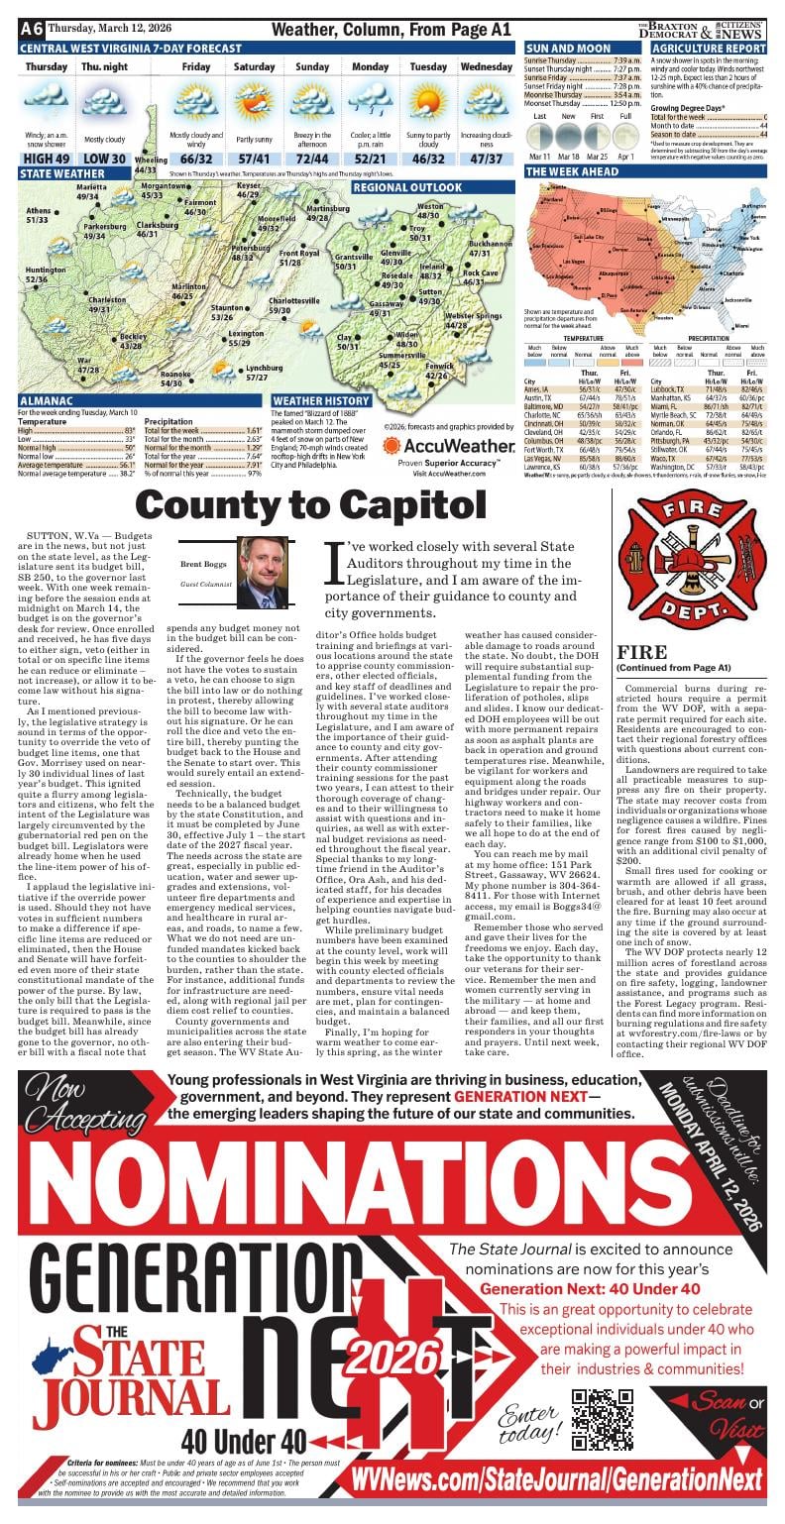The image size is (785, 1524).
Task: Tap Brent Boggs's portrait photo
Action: [263, 572]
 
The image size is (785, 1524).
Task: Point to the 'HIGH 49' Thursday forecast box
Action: [47, 159]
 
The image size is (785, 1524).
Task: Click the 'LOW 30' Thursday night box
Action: [104, 159]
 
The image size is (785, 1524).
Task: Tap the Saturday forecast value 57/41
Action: [254, 159]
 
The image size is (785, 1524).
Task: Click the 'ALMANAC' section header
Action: [45, 401]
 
